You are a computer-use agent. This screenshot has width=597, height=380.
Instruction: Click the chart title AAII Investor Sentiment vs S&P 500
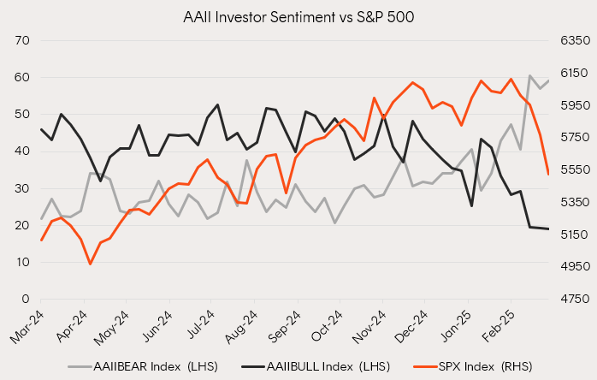point(298,16)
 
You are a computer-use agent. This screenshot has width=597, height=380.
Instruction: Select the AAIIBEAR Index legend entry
point(145,366)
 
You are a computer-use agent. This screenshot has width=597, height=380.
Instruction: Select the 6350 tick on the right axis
point(571,40)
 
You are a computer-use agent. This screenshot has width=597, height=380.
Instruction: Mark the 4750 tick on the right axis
point(571,300)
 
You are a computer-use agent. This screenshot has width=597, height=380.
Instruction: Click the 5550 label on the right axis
point(571,170)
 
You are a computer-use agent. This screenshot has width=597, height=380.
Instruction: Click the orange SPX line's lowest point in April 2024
point(90,264)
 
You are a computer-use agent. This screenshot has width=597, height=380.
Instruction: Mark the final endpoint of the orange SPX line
point(548,174)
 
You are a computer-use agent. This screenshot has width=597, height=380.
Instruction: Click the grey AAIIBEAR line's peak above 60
point(530,75)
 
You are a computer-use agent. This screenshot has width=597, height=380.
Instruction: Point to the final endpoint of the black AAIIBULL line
point(548,229)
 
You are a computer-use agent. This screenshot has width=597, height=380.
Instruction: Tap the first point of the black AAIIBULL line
point(41,129)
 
